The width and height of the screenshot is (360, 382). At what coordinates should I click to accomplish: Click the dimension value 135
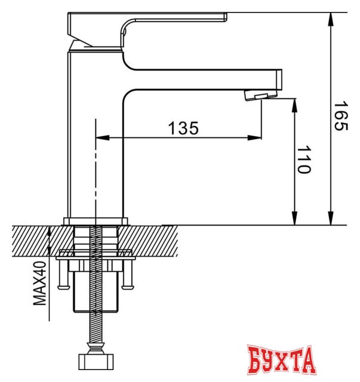click(x=183, y=128)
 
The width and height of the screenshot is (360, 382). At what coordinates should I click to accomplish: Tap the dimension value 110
click(x=304, y=159)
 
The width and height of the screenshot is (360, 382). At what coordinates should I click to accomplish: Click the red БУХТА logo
click(x=279, y=360)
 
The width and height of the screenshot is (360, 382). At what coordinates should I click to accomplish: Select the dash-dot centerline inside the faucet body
click(x=95, y=167)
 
